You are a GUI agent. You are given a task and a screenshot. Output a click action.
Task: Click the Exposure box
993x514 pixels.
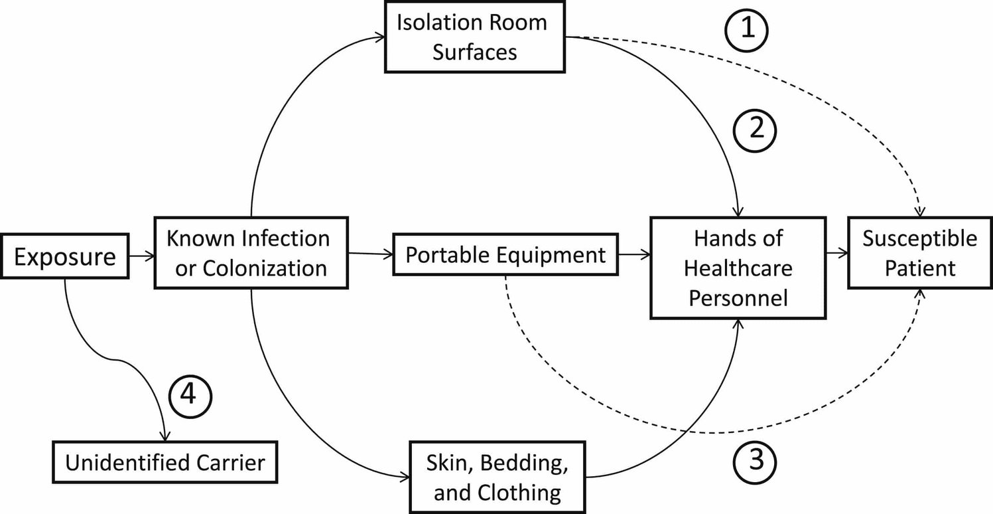(64, 256)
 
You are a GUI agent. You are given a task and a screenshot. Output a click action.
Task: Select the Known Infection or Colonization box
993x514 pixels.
(251, 252)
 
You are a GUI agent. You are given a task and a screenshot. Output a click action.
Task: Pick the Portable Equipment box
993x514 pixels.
(505, 254)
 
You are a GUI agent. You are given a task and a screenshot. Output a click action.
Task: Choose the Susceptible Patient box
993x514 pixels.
(919, 253)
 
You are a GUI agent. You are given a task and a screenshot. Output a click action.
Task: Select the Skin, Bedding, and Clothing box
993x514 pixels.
(497, 475)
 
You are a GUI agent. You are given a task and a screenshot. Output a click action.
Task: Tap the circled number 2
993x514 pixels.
(754, 131)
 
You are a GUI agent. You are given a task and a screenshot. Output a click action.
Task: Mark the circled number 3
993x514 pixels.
(754, 459)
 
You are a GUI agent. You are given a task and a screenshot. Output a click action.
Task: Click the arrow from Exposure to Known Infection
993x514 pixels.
(141, 254)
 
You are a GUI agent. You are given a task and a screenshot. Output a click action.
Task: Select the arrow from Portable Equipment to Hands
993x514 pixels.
(633, 254)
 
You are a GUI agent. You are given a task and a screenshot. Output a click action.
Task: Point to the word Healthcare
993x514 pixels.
(738, 268)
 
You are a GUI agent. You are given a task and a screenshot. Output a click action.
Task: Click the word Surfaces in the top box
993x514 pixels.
(475, 52)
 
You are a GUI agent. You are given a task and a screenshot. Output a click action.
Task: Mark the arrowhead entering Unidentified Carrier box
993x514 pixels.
(165, 436)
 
